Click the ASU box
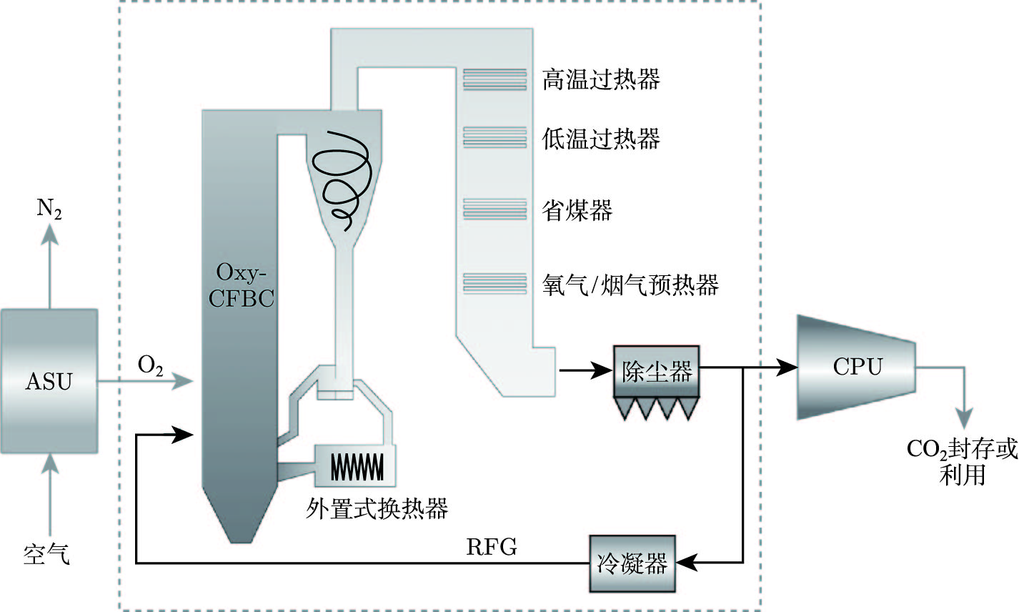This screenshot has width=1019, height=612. (x=49, y=381)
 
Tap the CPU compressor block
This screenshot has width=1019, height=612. (x=857, y=367)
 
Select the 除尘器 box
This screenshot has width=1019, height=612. (x=656, y=371)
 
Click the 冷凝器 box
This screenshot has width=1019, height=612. (x=632, y=563)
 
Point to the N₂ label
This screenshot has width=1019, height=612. (x=49, y=211)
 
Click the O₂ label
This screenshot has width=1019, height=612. (x=151, y=367)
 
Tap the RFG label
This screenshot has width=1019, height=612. (x=492, y=548)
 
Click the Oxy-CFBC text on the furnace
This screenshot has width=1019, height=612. (x=241, y=285)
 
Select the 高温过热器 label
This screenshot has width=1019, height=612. (x=600, y=79)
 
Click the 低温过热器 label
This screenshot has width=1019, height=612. (x=600, y=138)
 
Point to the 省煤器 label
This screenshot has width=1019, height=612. (x=577, y=210)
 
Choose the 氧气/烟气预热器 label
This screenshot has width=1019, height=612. (x=630, y=285)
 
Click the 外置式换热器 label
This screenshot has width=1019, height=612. (x=377, y=508)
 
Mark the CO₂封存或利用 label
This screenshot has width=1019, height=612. (x=962, y=461)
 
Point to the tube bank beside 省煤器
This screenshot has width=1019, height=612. (x=494, y=209)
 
